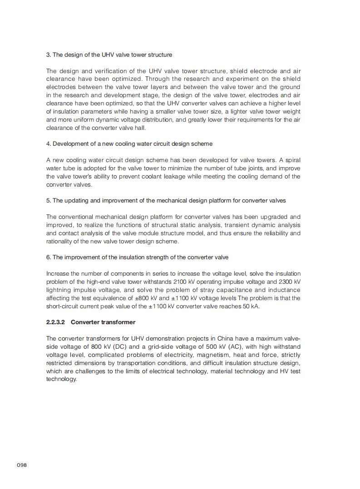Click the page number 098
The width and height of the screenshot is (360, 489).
point(22,465)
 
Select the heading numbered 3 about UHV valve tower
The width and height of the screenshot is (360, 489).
point(109,55)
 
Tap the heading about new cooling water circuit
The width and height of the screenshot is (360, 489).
point(129,144)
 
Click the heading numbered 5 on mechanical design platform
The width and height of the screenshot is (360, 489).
point(166,201)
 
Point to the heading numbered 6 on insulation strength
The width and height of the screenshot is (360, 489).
point(137,257)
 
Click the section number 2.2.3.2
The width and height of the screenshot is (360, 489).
point(56,322)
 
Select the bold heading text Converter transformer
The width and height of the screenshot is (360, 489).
point(103,322)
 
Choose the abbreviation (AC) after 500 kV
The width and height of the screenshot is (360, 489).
point(229,347)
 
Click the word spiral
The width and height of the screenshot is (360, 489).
point(292,160)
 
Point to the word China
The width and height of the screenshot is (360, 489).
point(225,339)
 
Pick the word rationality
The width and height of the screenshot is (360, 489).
point(59,242)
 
